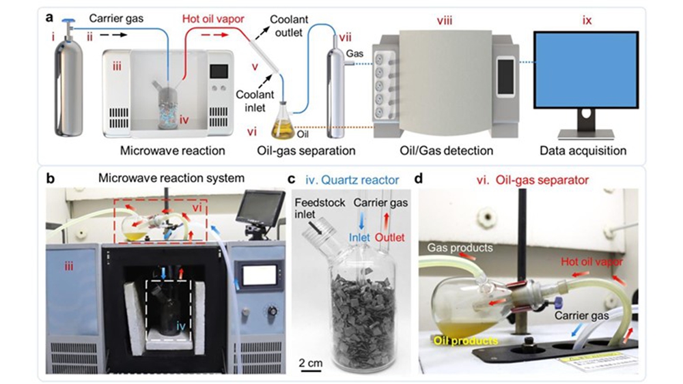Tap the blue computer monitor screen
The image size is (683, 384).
point(589,70)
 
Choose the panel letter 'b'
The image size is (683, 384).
point(50,179)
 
